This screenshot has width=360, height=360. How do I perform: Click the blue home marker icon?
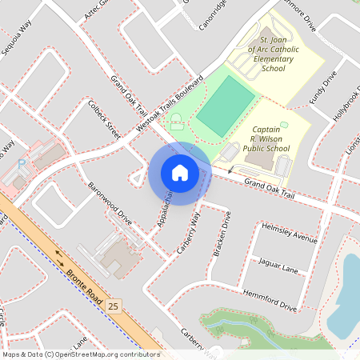tap(179, 173)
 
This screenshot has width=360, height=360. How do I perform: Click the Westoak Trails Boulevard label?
tap(170, 104)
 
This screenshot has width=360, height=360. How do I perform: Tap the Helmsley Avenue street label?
tap(290, 233)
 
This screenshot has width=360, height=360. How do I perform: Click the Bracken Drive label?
tap(221, 234)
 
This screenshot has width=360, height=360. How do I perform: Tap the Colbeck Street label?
tap(104, 119)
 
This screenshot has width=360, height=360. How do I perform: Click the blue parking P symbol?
tap(22, 163)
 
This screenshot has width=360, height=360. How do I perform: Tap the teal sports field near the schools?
tap(226, 106)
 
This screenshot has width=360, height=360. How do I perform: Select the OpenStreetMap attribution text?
tap(80, 354)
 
